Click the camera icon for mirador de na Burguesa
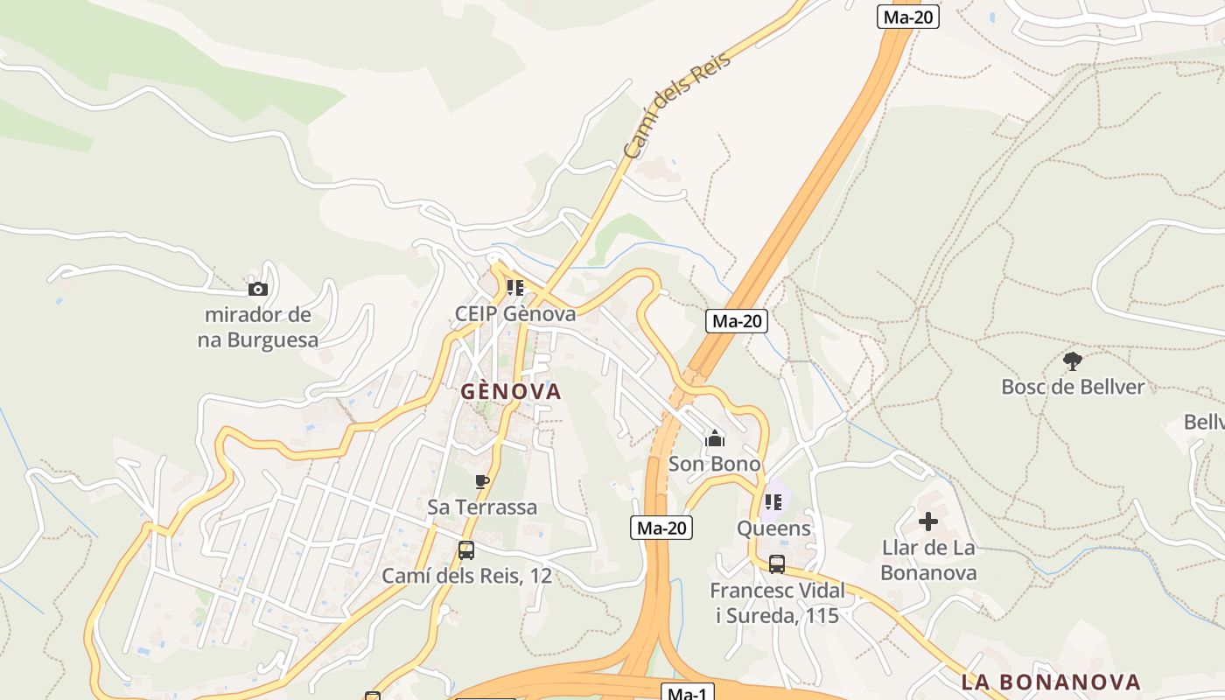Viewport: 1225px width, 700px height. click(x=258, y=289)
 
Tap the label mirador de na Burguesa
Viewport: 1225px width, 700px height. click(x=258, y=327)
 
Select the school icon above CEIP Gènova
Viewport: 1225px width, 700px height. click(x=515, y=287)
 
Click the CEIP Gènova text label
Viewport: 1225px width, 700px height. click(x=515, y=313)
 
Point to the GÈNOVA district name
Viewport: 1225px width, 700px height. click(x=511, y=391)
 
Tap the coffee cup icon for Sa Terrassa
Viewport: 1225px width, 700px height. click(x=481, y=481)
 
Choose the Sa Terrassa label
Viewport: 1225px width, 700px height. click(x=482, y=507)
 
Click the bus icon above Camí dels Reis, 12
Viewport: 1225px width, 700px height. click(x=466, y=550)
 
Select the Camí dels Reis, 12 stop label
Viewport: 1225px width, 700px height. click(x=466, y=576)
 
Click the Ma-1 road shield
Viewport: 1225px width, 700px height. click(x=687, y=693)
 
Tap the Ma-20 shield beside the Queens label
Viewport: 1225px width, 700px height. click(x=661, y=528)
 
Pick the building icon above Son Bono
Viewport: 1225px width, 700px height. click(x=715, y=437)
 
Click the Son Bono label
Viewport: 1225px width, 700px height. click(x=715, y=464)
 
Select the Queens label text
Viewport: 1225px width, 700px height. click(x=773, y=528)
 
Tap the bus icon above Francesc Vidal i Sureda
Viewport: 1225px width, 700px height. click(x=777, y=564)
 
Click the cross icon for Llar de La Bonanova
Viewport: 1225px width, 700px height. click(x=928, y=522)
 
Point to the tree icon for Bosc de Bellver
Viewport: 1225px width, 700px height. click(x=1073, y=360)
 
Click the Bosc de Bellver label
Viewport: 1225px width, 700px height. click(x=1073, y=387)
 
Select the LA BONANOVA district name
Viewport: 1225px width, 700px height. click(x=1051, y=682)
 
